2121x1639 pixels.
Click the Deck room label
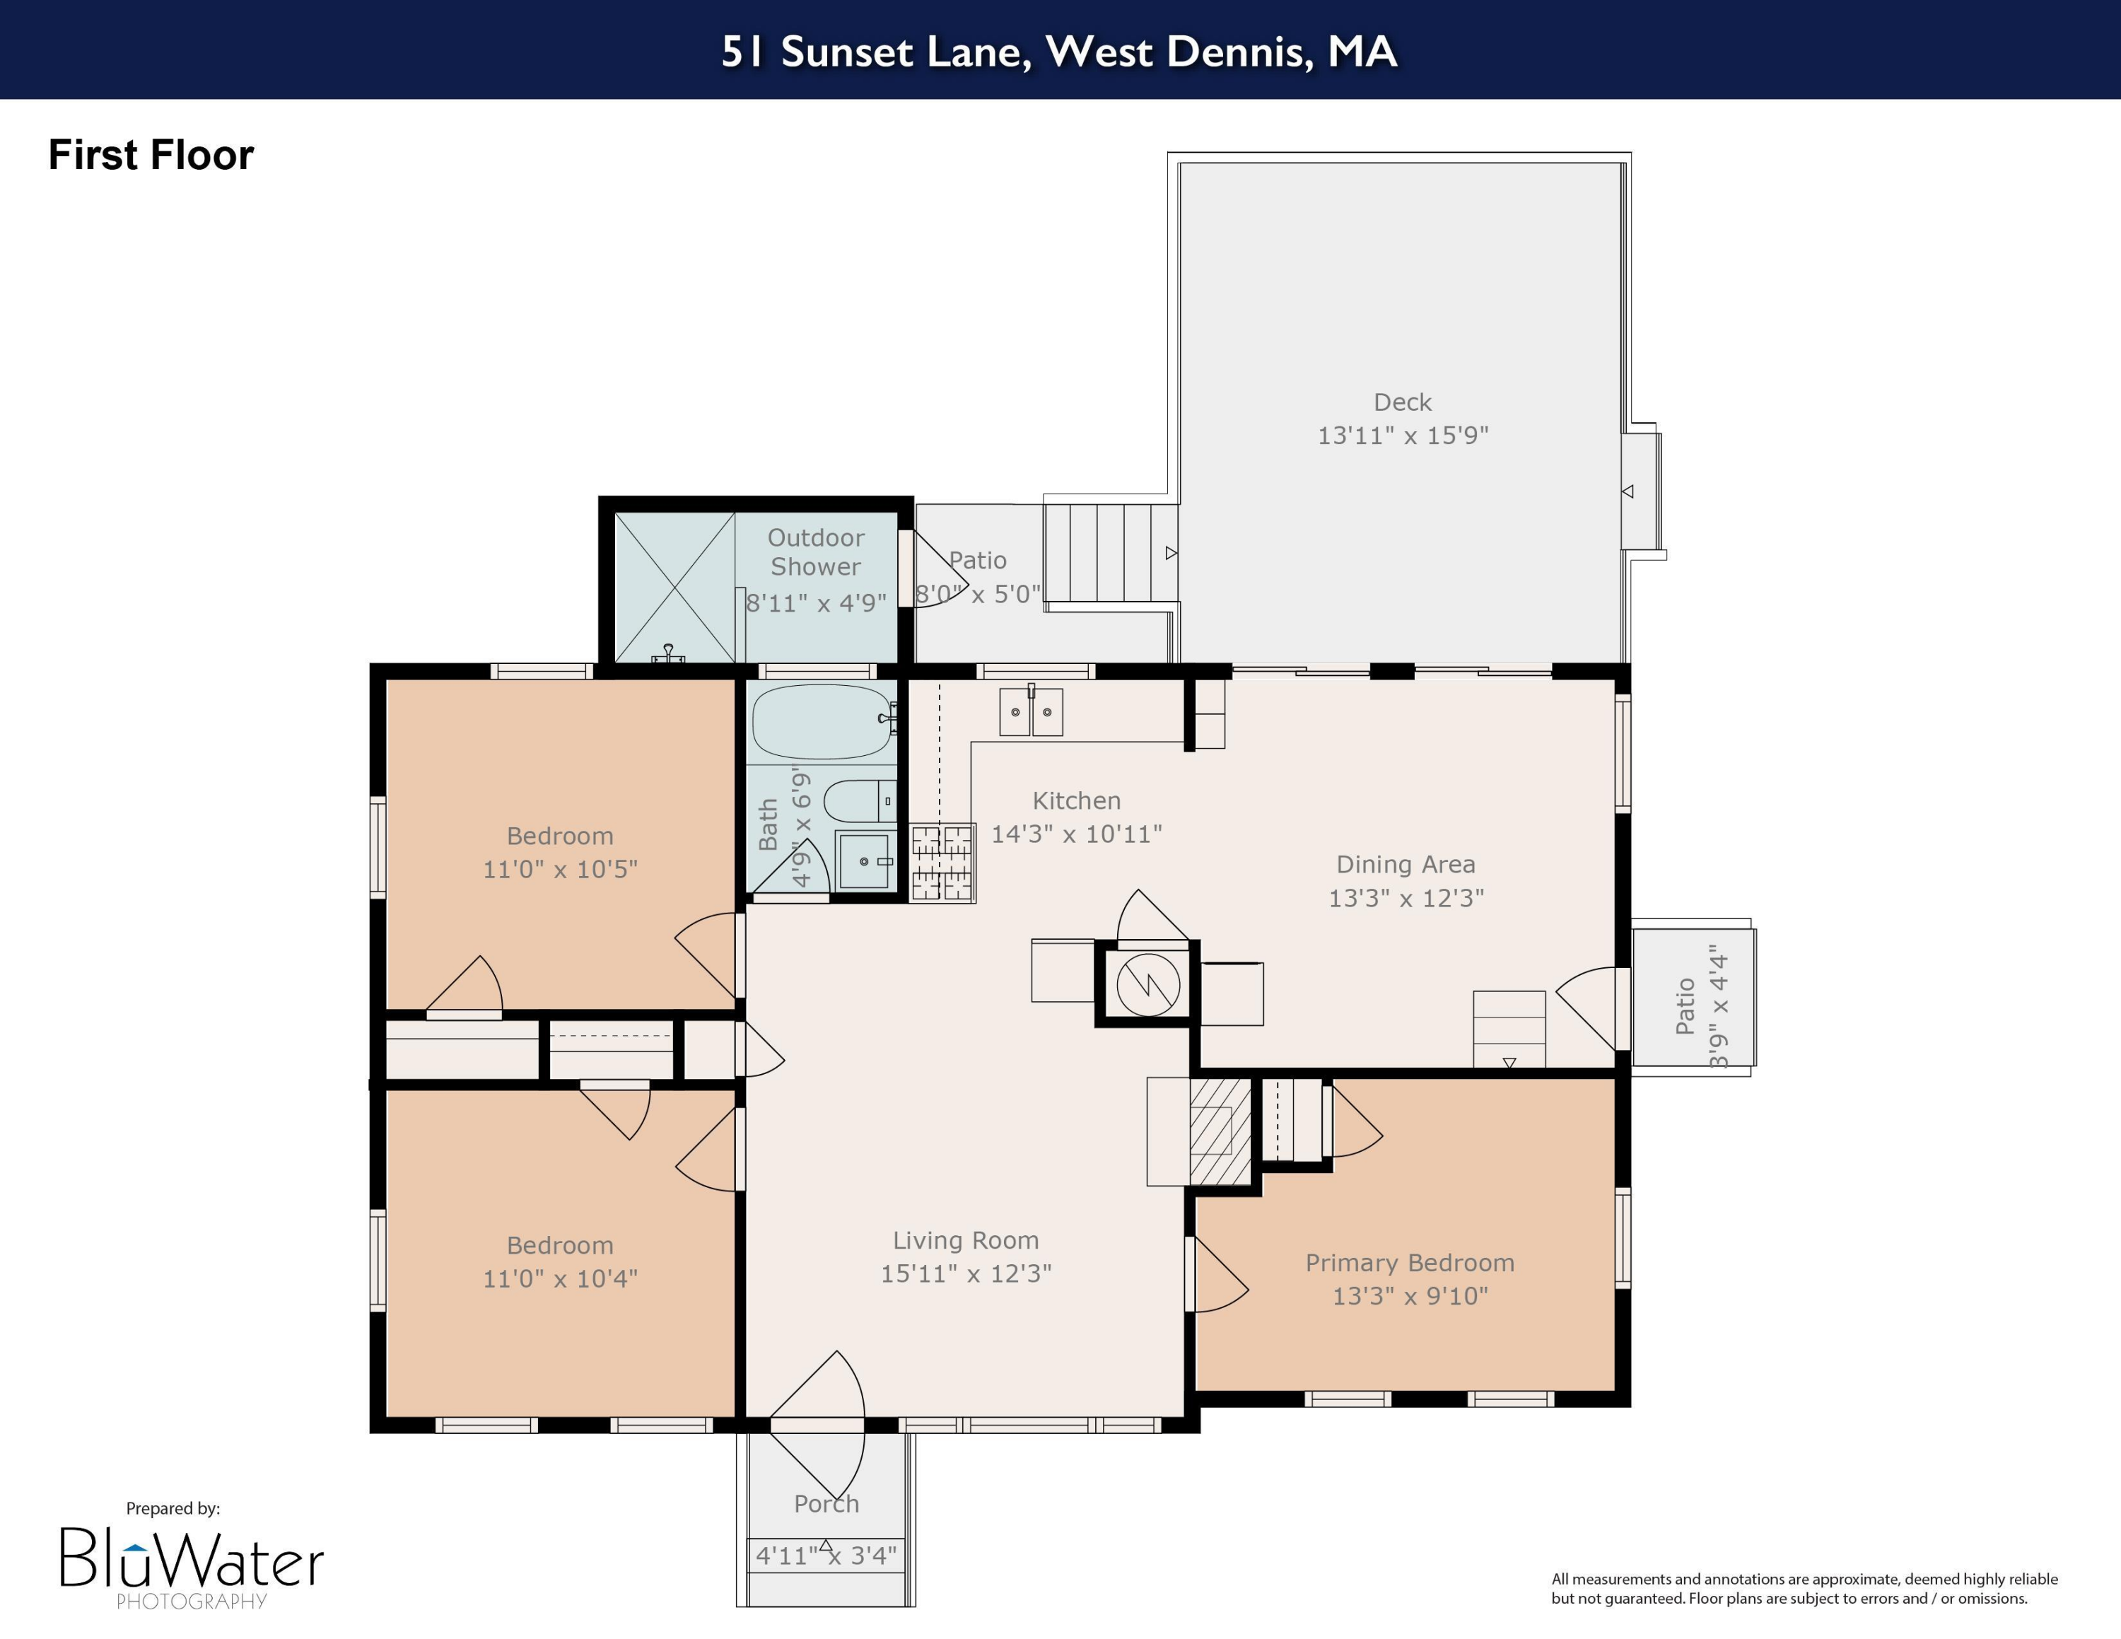(x=1403, y=402)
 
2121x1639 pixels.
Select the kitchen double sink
(x=1030, y=712)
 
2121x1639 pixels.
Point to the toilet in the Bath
(x=858, y=802)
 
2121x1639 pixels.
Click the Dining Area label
(x=1406, y=864)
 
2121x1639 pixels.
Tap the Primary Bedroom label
(x=1409, y=1262)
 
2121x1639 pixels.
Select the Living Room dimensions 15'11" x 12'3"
(x=965, y=1273)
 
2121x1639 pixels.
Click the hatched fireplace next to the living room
(x=1220, y=1131)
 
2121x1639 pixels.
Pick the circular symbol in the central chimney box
(x=1148, y=984)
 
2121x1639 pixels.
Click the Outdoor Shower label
(x=816, y=552)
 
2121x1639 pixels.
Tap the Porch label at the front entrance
(x=826, y=1503)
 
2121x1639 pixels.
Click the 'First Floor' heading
(x=151, y=156)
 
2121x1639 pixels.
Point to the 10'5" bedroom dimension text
(x=561, y=869)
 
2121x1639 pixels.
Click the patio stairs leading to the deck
(x=1110, y=552)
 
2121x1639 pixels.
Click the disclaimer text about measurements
(x=1804, y=1589)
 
